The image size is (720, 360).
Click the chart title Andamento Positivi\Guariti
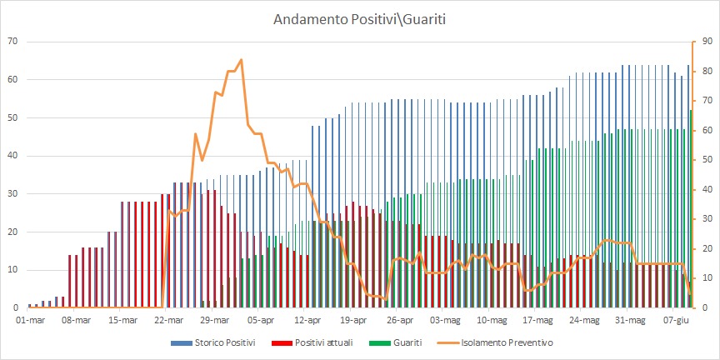[360, 19]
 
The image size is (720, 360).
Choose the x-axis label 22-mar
[169, 319]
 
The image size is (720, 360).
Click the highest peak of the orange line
[241, 59]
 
